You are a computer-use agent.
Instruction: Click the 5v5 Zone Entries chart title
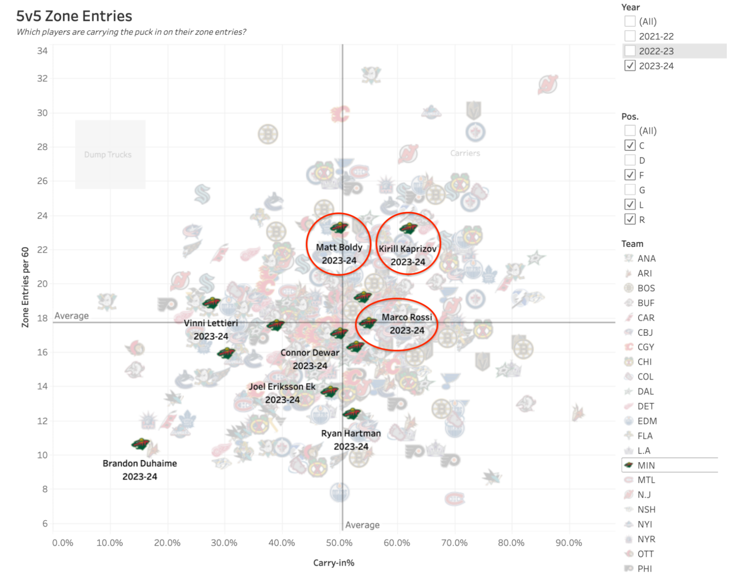(x=74, y=16)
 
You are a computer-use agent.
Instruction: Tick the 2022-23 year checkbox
(x=630, y=51)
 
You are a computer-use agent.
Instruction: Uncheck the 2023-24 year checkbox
(x=630, y=66)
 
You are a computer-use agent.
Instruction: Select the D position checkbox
(x=630, y=160)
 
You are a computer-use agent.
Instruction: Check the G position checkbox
(x=630, y=190)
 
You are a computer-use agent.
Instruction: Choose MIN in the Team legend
(x=646, y=465)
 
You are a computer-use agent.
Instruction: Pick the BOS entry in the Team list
(x=646, y=288)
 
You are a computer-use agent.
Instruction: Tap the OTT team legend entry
(x=645, y=554)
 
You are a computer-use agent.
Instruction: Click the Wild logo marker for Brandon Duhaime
(x=140, y=444)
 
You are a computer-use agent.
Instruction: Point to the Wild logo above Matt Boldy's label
(x=339, y=228)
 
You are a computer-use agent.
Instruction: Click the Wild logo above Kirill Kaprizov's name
(x=408, y=228)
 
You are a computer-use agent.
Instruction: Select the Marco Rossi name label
(x=407, y=317)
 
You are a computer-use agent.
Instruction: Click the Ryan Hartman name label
(x=351, y=433)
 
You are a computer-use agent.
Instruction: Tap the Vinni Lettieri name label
(x=211, y=323)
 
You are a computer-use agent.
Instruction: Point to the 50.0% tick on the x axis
(x=339, y=543)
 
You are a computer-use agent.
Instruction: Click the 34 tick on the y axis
(x=42, y=51)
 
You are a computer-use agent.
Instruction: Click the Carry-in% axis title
(x=333, y=563)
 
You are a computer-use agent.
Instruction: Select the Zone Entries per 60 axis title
(x=26, y=287)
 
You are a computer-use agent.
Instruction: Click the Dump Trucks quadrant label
(x=108, y=155)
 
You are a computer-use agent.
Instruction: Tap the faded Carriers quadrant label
(x=465, y=153)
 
